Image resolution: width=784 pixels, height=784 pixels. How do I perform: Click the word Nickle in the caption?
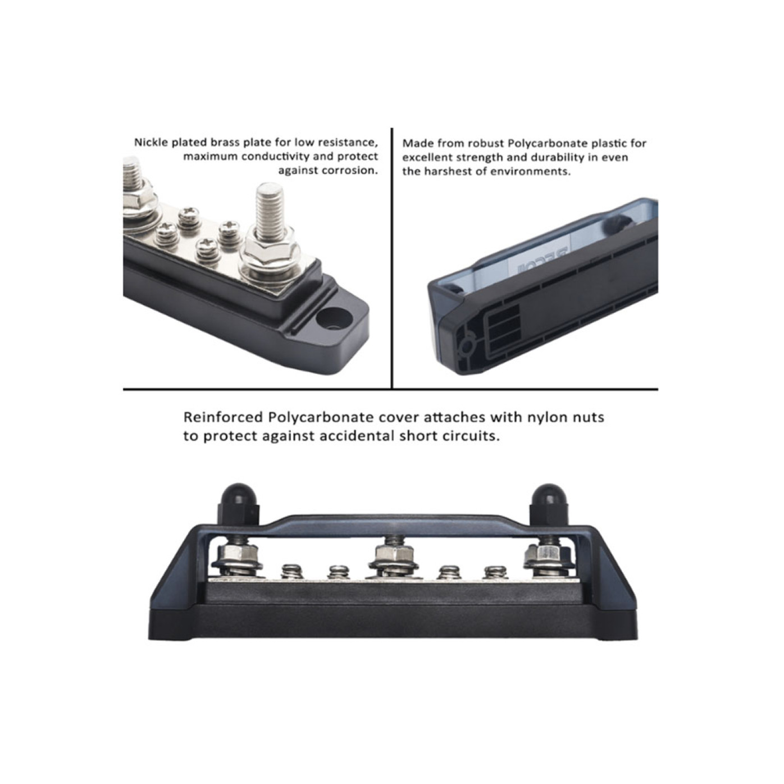[x=152, y=143]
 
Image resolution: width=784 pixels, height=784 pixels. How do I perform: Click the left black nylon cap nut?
[x=239, y=496]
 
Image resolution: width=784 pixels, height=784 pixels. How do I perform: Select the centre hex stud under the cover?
[x=391, y=557]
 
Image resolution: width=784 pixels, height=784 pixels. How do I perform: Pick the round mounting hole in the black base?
[x=331, y=318]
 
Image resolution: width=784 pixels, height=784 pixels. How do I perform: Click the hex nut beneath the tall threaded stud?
[x=270, y=256]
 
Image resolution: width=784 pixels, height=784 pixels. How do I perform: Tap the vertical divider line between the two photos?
[x=391, y=258]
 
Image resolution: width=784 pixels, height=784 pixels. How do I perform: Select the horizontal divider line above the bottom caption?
[x=390, y=389]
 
